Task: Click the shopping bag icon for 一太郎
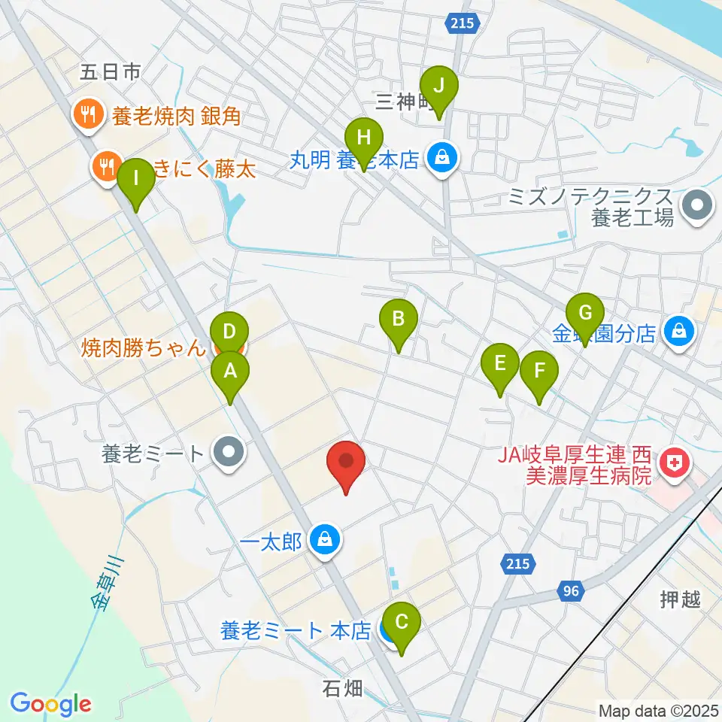tap(326, 540)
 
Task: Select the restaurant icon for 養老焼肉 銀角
tap(88, 115)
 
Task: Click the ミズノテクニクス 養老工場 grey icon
tap(697, 205)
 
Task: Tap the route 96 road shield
tap(572, 592)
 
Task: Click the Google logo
tap(50, 704)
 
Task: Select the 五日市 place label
tap(111, 72)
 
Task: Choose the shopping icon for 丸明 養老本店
tap(444, 158)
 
